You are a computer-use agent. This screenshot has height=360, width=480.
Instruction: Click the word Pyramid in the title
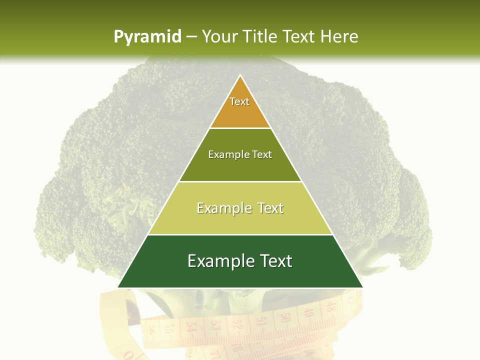coord(147,37)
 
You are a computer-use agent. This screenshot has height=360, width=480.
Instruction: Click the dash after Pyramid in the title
coord(191,37)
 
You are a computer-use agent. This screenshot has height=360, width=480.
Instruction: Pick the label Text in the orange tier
coord(239,101)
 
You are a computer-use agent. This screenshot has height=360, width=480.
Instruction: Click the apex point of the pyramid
coord(240,76)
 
